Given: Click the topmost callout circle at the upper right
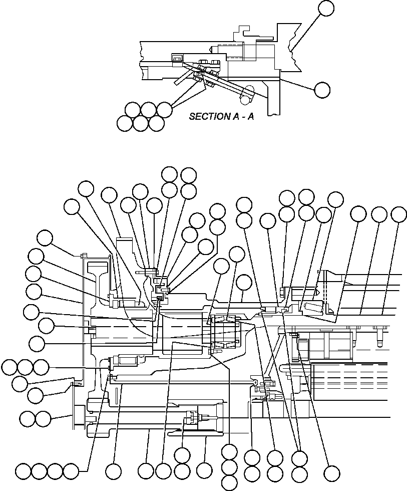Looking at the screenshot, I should coord(326,8).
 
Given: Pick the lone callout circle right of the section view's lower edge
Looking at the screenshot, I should coord(322,90).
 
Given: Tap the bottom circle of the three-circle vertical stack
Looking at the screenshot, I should coord(229,482).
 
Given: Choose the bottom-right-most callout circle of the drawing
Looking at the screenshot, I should coord(331,472).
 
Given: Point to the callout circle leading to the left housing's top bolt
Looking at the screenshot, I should coord(45,238).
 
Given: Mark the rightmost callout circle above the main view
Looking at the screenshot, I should coord(398,214).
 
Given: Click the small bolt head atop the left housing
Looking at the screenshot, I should coord(83,256).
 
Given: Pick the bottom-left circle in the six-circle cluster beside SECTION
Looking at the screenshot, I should coord(125,123).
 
